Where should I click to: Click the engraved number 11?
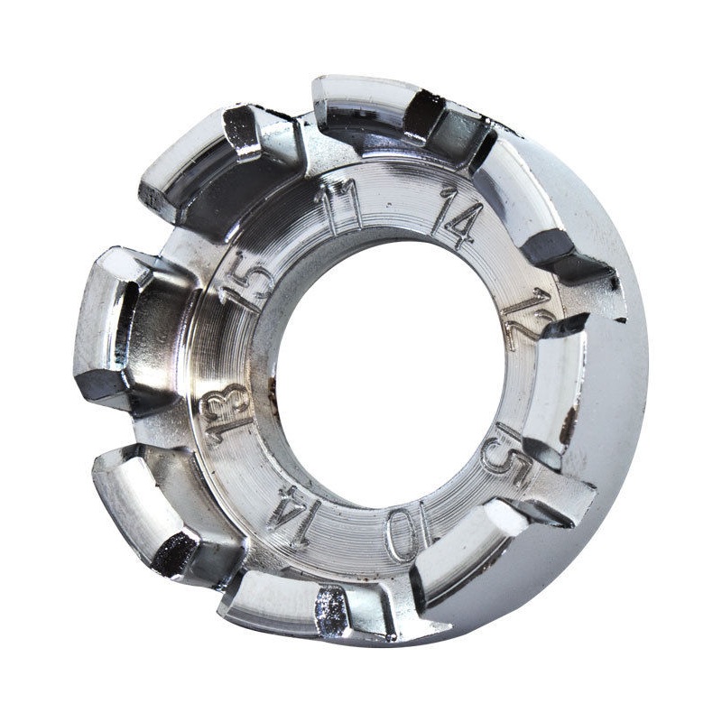tap(338, 210)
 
